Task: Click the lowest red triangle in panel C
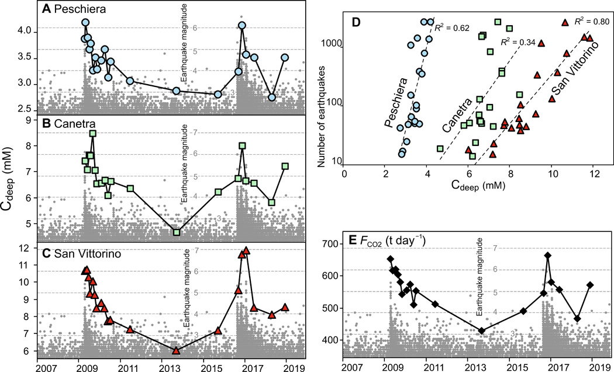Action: pyautogui.click(x=176, y=350)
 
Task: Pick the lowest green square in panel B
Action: pyautogui.click(x=177, y=232)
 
